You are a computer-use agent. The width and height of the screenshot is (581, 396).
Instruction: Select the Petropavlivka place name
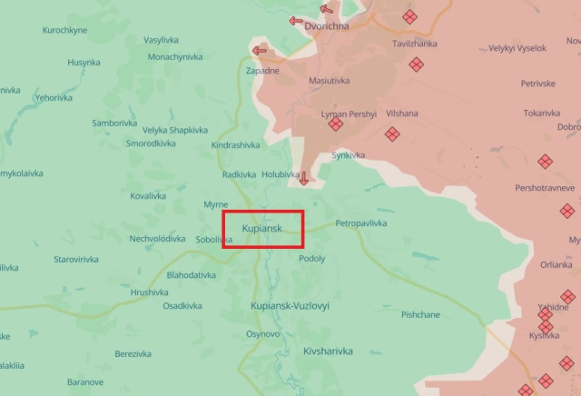point(361,223)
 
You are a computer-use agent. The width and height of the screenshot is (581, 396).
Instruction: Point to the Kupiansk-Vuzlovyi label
point(290,306)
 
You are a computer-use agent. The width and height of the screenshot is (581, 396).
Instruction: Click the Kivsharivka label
point(328,350)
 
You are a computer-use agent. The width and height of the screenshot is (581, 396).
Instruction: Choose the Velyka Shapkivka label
point(174,130)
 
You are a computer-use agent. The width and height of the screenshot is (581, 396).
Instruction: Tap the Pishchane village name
point(420,314)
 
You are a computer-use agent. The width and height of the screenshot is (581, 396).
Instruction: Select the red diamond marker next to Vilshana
point(392,134)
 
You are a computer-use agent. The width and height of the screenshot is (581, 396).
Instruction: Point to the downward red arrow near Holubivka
point(304,178)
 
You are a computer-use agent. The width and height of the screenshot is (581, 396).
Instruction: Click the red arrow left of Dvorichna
point(296,21)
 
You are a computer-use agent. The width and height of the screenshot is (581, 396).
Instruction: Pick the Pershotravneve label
point(545,187)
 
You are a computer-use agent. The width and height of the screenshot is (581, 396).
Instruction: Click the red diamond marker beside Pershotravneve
point(545,162)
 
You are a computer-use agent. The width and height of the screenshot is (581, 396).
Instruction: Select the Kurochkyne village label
point(64,30)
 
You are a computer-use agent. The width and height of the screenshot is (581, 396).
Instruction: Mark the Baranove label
point(85,381)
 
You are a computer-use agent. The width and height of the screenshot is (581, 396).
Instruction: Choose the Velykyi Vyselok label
point(517,48)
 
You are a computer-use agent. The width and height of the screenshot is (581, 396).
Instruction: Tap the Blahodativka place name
point(192,274)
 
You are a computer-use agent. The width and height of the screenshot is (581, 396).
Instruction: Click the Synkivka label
point(349,155)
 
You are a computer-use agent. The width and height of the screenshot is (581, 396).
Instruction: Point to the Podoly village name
point(311,258)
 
